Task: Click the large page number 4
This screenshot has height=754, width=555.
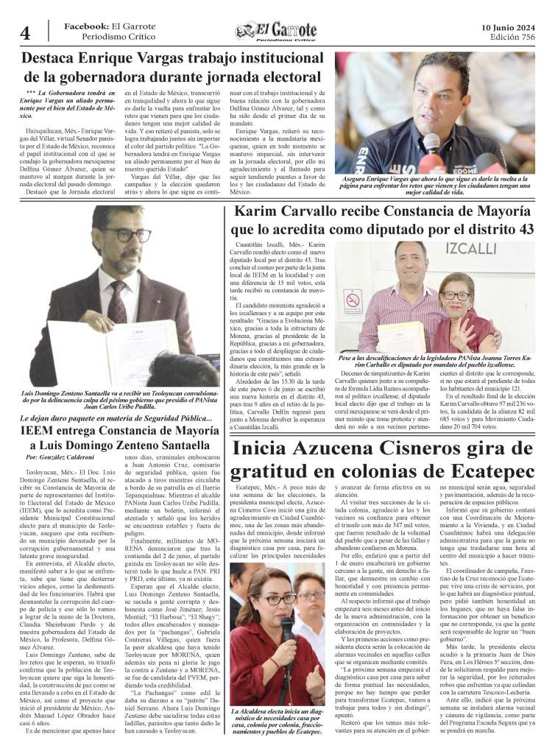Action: [x=24, y=33]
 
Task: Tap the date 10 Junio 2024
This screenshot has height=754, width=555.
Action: [x=507, y=27]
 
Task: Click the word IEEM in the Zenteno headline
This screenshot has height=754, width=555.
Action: [x=45, y=431]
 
